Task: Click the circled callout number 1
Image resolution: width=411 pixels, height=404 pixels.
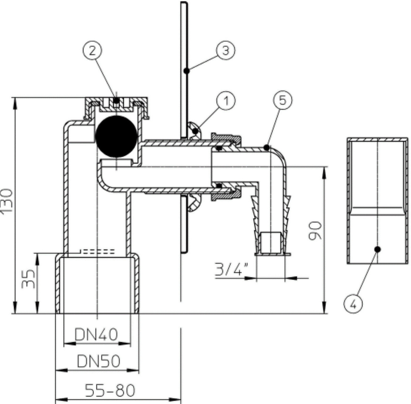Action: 226,101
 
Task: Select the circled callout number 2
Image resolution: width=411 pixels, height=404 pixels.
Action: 92,51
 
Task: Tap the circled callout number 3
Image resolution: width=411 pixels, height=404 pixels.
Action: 226,50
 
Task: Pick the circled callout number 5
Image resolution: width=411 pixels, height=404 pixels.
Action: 283,100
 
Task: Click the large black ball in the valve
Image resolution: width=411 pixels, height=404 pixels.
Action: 116,137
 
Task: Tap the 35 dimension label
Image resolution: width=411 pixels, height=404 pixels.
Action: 28,279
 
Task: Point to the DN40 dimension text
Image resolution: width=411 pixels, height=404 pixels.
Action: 96,334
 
